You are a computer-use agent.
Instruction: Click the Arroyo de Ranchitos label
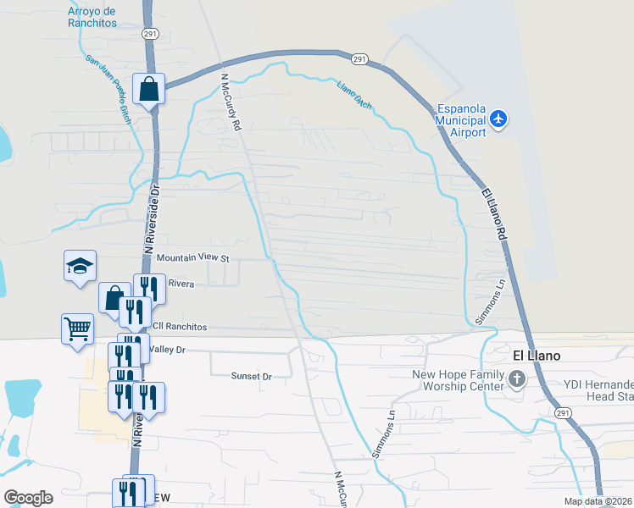pos(92,18)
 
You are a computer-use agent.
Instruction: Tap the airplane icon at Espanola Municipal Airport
pos(498,119)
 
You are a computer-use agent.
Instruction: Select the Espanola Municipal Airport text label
pos(461,120)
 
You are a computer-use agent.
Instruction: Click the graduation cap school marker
pos(81,266)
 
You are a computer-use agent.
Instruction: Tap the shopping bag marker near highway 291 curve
pos(149,88)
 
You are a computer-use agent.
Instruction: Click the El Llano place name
pos(537,356)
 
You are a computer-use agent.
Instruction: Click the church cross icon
pos(516,380)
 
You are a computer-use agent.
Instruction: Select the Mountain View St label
pos(193,257)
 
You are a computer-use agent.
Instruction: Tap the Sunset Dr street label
pos(251,376)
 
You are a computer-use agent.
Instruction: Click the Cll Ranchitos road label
pos(180,326)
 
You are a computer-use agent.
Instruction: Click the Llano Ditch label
pos(353,95)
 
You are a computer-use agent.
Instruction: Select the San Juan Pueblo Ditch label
pos(108,86)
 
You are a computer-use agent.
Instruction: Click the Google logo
pos(28,498)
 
